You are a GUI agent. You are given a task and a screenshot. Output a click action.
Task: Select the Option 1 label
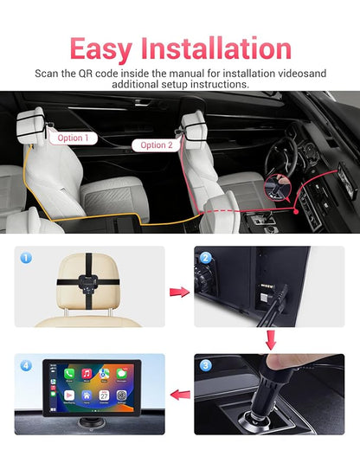click(73, 138)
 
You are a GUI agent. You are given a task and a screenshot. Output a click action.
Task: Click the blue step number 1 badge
click(26, 258)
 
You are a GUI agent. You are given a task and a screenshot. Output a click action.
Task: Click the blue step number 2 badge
click(205, 258)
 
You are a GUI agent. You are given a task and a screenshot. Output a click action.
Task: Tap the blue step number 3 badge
click(205, 364)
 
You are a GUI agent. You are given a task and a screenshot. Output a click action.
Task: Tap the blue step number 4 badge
click(26, 364)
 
